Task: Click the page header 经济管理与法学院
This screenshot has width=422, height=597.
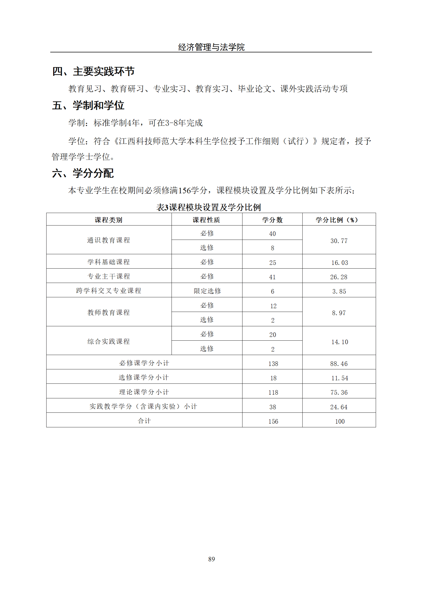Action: tap(211, 47)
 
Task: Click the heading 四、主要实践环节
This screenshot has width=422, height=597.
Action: tap(93, 71)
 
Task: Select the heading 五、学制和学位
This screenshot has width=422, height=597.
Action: tap(88, 105)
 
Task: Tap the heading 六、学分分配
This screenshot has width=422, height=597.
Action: tap(83, 173)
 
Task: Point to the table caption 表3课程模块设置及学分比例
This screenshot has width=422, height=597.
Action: tap(209, 207)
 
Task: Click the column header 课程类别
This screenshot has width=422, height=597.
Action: tap(109, 220)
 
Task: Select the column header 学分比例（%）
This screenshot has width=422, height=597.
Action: tap(337, 220)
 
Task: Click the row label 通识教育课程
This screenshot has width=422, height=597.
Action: tap(109, 240)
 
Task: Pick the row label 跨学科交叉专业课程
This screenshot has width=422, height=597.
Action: tap(109, 290)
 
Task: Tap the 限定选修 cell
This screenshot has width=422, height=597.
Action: tap(207, 291)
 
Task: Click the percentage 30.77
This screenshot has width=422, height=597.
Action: tap(339, 241)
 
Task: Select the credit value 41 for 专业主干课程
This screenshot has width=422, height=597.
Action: tap(272, 277)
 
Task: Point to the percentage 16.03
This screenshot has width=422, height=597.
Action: tap(340, 262)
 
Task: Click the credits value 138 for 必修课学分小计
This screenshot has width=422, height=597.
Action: tap(273, 364)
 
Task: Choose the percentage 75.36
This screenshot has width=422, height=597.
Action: tap(339, 392)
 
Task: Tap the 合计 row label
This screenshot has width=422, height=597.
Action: tap(144, 421)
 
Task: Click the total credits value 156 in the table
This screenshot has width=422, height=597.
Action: tap(273, 421)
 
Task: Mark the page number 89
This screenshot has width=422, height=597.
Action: tap(212, 559)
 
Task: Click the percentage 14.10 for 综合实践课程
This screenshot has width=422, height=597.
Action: tap(340, 342)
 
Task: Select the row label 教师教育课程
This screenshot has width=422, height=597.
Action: tap(109, 312)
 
